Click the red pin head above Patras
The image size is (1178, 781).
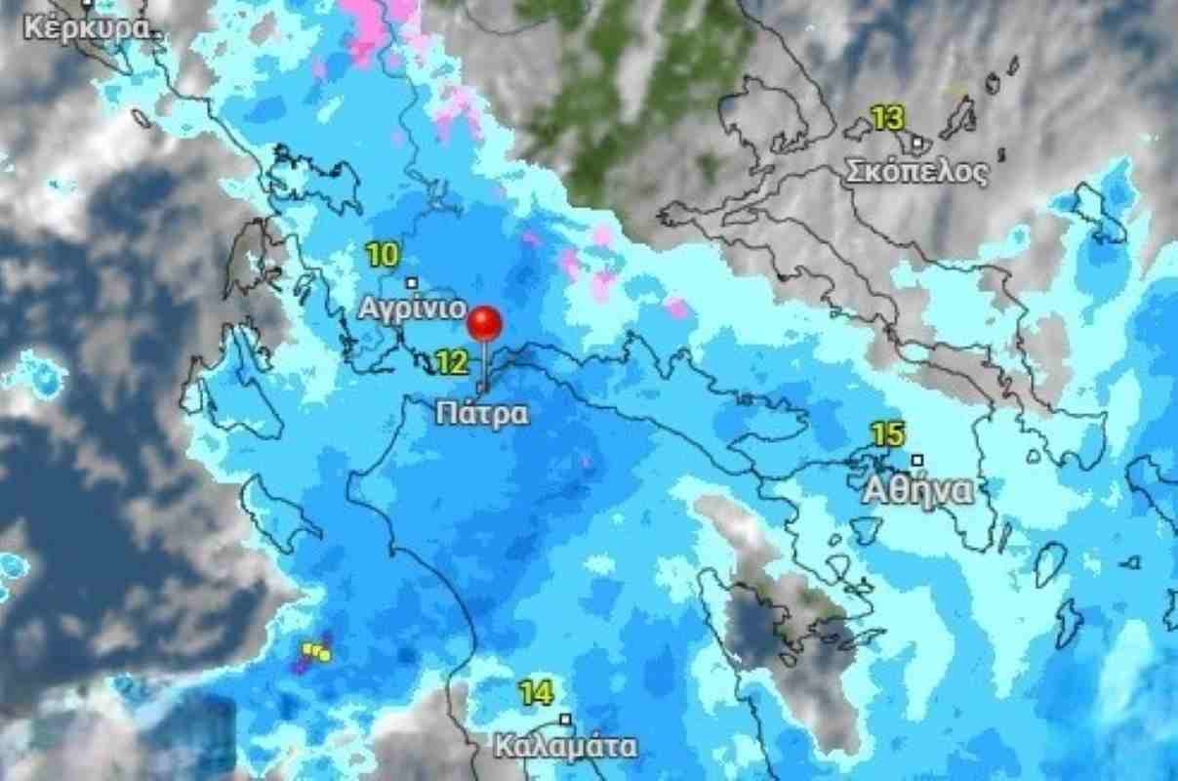pos(484,323)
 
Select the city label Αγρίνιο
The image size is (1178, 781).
pos(411,308)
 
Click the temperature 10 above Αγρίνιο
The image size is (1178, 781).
pos(383,257)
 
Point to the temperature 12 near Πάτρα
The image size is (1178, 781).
pos(451,364)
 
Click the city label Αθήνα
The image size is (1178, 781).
pos(917,490)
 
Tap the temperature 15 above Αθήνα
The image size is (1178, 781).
pos(889,434)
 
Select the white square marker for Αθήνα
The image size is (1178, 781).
pos(916,460)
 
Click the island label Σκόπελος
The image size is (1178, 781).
pos(915,173)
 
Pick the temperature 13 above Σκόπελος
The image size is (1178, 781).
pos(887,120)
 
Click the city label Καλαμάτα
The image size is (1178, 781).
pos(565,747)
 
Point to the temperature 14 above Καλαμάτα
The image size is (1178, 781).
pos(535,694)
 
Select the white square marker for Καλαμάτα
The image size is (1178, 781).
pos(564,719)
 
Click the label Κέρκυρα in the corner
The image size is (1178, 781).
pos(89,26)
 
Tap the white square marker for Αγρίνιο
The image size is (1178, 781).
pos(412,283)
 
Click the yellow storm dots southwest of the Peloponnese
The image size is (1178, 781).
pos(317,651)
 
